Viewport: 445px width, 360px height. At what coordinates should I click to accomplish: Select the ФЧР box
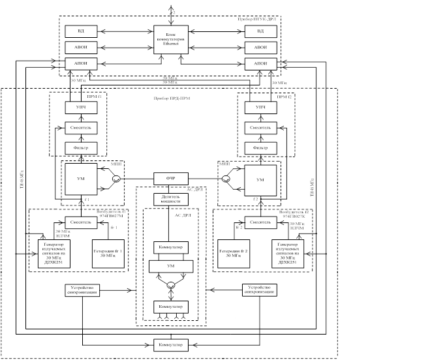coord(170,178)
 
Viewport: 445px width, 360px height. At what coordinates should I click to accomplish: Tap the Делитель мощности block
coord(171,199)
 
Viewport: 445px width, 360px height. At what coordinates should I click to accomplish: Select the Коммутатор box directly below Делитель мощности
coord(171,248)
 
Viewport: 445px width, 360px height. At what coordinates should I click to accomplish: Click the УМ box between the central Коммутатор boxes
coord(171,266)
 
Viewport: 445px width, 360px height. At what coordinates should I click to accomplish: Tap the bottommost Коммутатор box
coord(170,343)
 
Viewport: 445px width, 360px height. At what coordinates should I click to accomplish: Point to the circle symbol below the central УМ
coord(171,285)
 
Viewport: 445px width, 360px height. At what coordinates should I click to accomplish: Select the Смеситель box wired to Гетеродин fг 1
coord(81,222)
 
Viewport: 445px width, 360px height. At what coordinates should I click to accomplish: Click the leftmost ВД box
coord(81,31)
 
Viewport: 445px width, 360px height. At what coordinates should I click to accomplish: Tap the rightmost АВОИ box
coord(260,48)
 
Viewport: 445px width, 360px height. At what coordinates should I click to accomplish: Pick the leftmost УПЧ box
coord(81,106)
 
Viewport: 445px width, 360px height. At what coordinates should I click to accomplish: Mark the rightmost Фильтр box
coord(260,148)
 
